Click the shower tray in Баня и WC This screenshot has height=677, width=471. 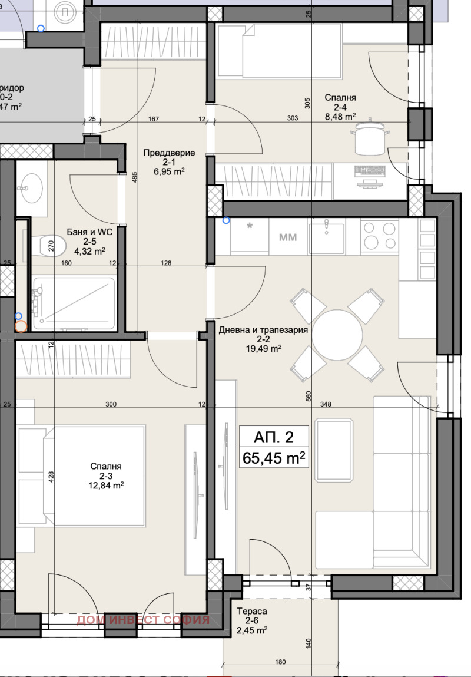(74, 303)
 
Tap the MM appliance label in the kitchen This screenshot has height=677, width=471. (287, 237)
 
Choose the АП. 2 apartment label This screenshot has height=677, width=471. (273, 437)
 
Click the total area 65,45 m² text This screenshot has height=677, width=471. (273, 457)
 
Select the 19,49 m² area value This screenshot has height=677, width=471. (264, 348)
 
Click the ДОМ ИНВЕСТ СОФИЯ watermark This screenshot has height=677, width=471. (143, 620)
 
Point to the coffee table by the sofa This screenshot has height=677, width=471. (334, 450)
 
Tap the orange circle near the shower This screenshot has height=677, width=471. (21, 326)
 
